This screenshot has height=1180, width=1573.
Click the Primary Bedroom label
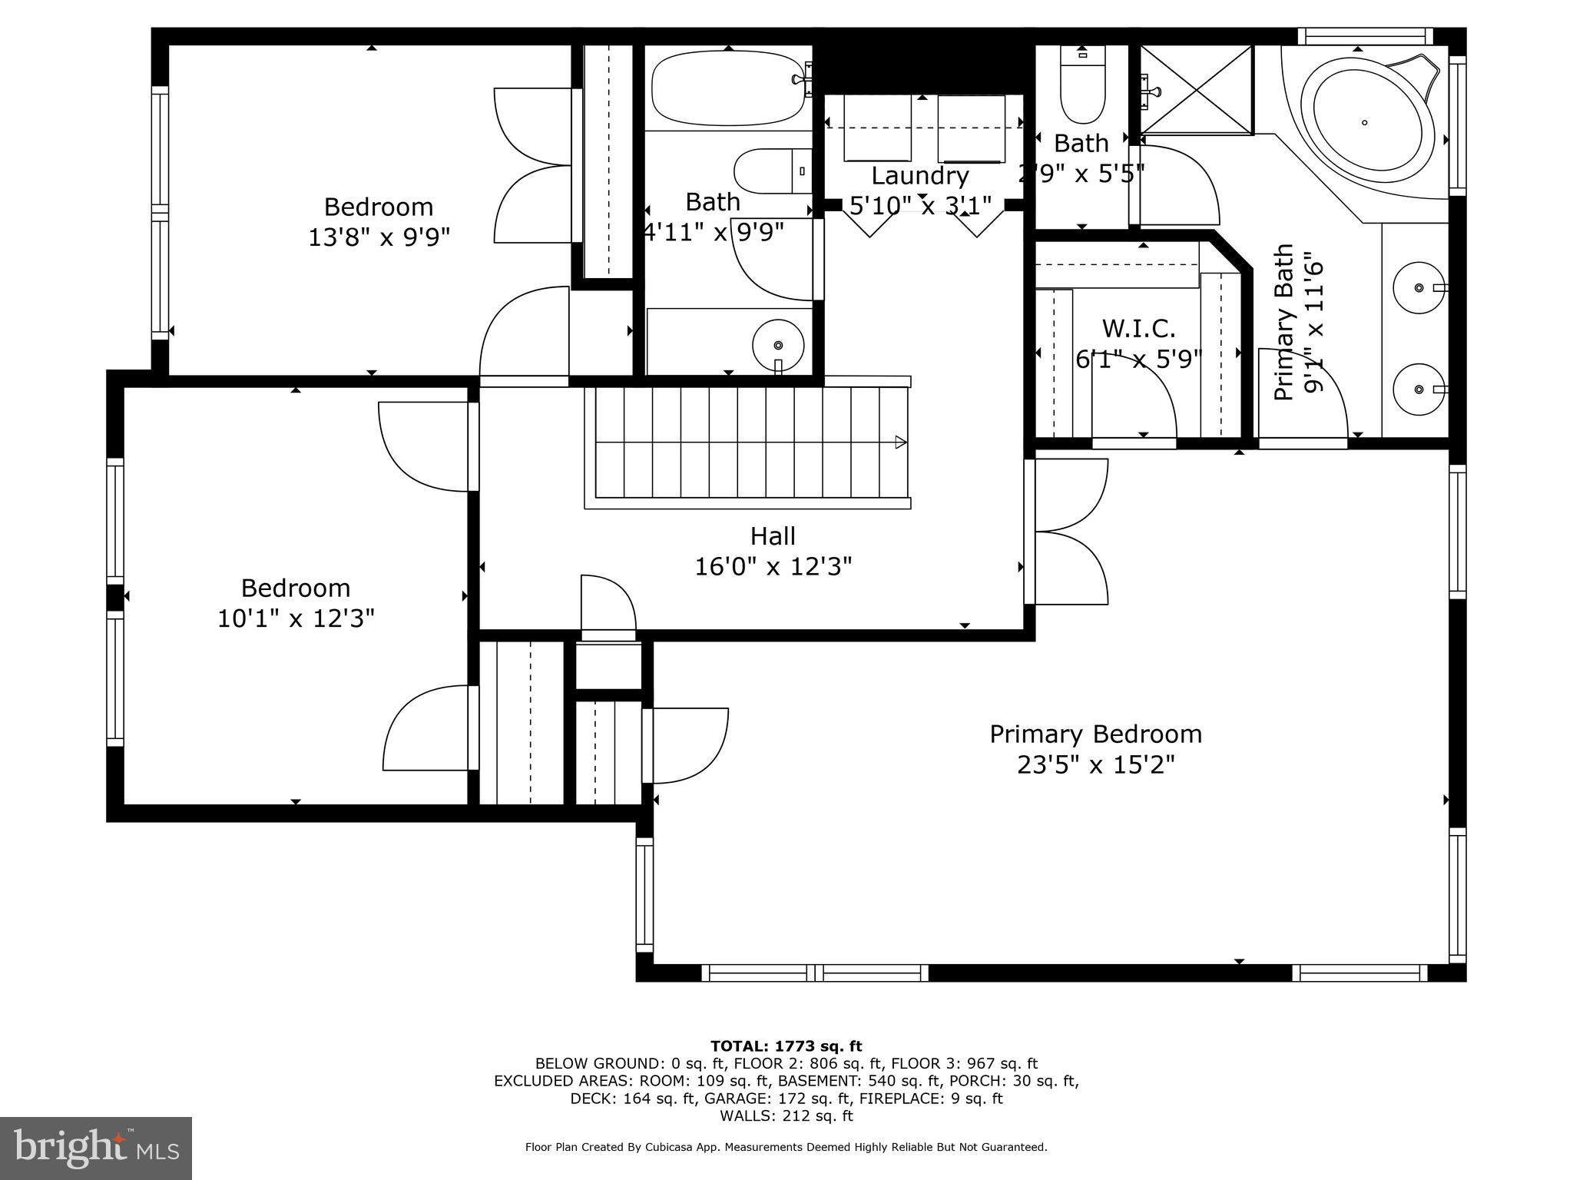[1095, 734]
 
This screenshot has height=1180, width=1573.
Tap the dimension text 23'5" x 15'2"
[1095, 765]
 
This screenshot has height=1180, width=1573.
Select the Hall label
[773, 536]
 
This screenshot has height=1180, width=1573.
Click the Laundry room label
[919, 176]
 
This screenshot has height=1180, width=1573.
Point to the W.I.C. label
[1138, 329]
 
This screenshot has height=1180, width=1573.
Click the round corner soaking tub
[1365, 123]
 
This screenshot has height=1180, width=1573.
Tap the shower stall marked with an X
[1196, 89]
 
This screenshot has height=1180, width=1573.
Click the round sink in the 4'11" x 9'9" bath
[778, 345]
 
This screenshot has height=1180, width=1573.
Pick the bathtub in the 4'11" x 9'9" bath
[727, 88]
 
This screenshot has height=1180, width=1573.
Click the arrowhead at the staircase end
[901, 442]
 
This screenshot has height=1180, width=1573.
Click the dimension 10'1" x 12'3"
[296, 618]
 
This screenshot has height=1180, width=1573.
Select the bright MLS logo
[96, 1148]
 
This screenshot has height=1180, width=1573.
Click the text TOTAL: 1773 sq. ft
[786, 1046]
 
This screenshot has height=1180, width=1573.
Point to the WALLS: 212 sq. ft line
[786, 1116]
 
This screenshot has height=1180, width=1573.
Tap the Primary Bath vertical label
[1283, 323]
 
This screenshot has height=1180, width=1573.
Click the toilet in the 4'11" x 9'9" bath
[770, 171]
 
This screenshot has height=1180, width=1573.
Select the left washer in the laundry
[877, 128]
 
